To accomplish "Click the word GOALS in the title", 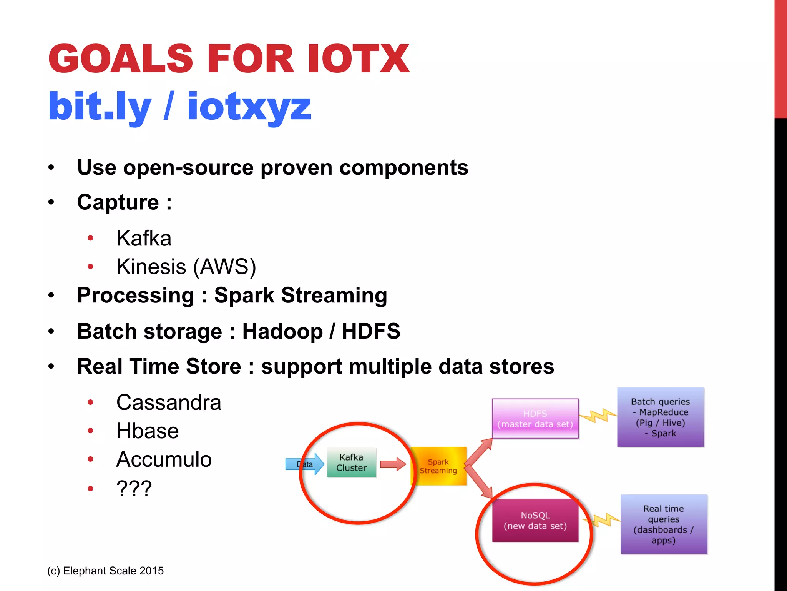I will tap(120, 58).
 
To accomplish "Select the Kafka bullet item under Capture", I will tap(144, 238).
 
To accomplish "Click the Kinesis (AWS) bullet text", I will tap(186, 267).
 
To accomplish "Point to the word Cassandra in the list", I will tap(169, 402).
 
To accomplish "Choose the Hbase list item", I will tap(148, 431).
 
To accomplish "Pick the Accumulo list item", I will tap(164, 459).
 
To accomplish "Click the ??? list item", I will tap(134, 489).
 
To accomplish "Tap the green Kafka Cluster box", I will tap(351, 462).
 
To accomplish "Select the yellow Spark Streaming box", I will tap(438, 466).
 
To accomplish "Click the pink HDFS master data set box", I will tap(535, 419).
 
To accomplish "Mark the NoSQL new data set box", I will tap(535, 521).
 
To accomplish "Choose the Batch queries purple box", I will tap(660, 417).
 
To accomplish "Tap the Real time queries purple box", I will tap(664, 524).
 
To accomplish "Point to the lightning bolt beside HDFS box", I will tap(598, 416).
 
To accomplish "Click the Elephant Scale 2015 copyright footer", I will tap(105, 571).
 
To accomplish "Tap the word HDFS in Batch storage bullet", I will tap(371, 331).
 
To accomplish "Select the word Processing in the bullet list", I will tap(136, 295).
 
